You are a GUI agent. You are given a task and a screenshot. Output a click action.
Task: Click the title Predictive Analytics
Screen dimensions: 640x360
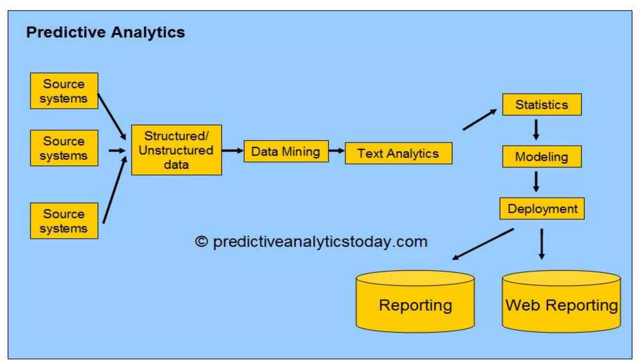tap(105, 32)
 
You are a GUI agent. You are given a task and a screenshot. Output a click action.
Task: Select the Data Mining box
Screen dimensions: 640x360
tap(286, 152)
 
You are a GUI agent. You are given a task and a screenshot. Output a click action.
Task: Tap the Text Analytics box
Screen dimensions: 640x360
tap(398, 153)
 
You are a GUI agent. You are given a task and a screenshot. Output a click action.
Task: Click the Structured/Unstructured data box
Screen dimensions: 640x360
tap(177, 150)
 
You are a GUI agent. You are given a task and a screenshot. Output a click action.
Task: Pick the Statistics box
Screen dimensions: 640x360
tap(542, 105)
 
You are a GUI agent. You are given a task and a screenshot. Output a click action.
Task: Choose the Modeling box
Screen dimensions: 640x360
tap(542, 157)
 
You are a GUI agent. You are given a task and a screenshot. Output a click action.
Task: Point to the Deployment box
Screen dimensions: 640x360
tap(542, 208)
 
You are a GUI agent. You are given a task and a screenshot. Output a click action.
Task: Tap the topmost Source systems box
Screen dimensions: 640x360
tap(64, 91)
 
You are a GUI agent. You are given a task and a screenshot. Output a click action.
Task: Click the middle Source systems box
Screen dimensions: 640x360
tap(64, 148)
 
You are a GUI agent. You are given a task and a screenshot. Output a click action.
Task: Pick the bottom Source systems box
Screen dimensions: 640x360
tap(64, 221)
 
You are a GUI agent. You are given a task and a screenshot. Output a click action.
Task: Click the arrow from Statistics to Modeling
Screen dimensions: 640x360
tap(536, 130)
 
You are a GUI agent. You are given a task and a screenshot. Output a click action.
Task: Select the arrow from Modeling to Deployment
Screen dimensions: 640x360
tap(536, 182)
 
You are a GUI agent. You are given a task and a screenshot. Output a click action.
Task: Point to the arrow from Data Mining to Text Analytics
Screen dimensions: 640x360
tap(337, 151)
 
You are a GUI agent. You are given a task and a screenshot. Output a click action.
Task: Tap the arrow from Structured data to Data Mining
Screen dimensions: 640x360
tap(232, 151)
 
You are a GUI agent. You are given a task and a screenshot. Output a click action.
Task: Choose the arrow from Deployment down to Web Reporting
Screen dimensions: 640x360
tap(542, 244)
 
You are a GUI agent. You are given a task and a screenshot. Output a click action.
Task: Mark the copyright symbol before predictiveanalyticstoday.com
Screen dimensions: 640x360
tap(202, 242)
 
